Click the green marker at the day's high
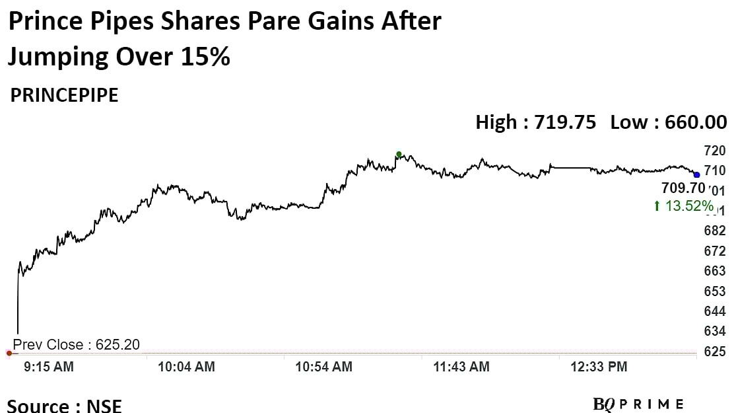point(399,155)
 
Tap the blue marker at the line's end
point(696,174)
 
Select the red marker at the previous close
point(9,354)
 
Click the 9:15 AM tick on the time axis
point(50,366)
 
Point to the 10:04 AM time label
point(186,366)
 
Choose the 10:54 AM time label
point(324,366)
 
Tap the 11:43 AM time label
point(461,366)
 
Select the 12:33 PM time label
point(599,366)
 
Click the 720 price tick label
point(715,150)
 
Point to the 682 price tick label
point(715,231)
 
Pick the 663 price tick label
point(715,271)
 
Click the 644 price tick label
point(715,311)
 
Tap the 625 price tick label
point(715,351)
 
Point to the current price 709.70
point(683,188)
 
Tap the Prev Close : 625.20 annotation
point(77,344)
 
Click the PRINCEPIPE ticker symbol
point(64,95)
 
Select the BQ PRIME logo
point(638,404)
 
